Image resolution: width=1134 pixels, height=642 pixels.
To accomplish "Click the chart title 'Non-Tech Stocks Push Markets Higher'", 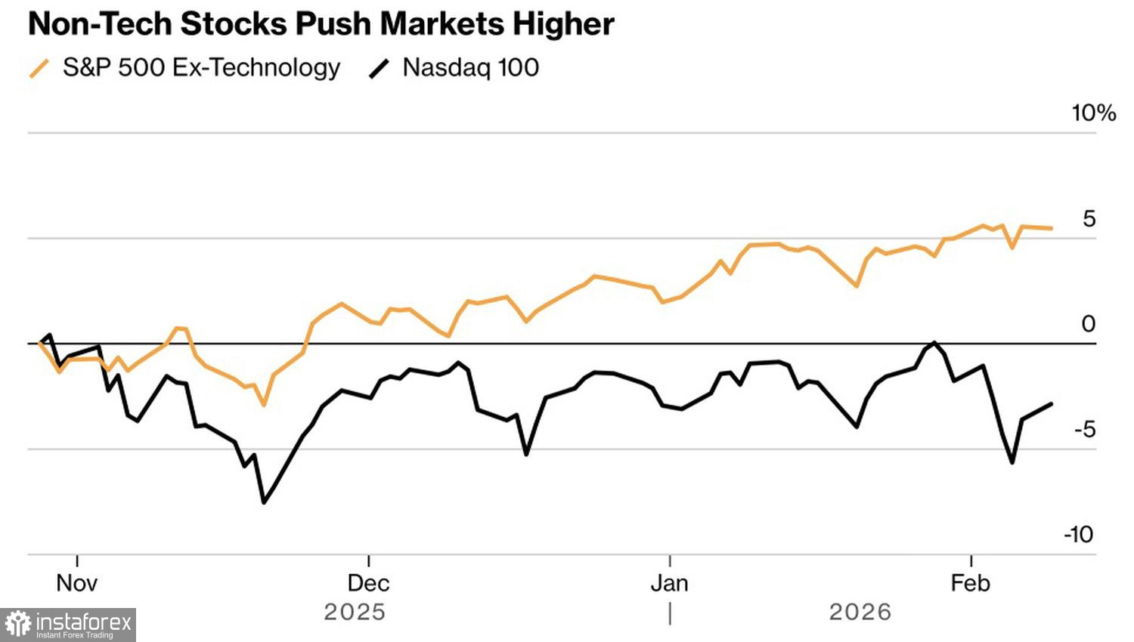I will point(321,24).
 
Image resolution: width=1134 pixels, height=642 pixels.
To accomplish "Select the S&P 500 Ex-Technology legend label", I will point(201,67).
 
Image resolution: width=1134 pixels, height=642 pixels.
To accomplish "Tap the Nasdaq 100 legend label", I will point(470,67).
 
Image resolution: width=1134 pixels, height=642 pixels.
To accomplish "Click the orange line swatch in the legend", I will point(39,69).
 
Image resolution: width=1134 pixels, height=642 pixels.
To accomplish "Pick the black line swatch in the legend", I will point(379,69).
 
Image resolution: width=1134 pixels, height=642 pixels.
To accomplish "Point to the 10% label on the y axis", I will point(1093,113).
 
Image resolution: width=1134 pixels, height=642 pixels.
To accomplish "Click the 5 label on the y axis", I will point(1089,219).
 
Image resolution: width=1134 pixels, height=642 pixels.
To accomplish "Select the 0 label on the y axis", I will point(1089,324).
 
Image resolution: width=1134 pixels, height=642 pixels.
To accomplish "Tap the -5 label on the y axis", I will point(1084,430).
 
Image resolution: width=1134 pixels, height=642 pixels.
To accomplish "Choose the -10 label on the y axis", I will point(1079,535).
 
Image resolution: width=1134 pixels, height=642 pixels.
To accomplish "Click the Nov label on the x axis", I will point(77,583).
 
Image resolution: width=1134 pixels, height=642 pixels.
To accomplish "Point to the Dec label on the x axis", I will point(368,583).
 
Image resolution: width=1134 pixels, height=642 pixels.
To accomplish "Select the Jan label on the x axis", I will point(670,583).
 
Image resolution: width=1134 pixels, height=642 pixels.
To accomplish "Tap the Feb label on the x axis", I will point(971,583).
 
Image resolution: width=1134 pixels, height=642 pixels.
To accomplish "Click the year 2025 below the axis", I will point(355,612).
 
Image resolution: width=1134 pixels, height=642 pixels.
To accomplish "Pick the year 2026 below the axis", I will point(860,612).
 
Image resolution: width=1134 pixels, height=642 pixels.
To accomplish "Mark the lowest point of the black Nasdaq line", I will point(263,502).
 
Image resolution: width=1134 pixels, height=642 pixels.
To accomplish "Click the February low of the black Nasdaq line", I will point(1012,462).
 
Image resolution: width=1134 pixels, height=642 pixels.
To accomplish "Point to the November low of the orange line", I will point(264,405).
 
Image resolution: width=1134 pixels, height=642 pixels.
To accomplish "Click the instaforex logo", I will point(68,625).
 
